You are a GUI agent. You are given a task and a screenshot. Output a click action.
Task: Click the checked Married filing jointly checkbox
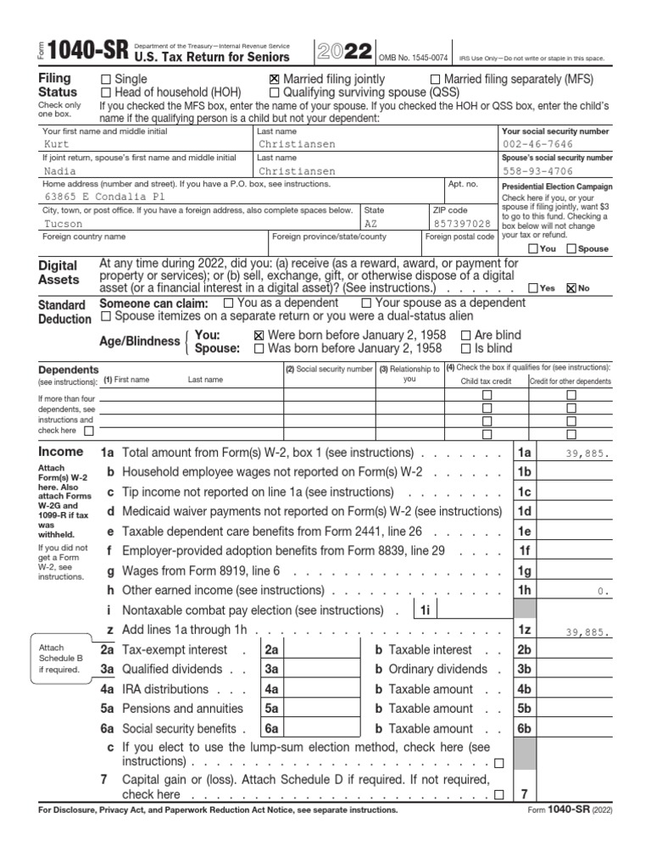click(275, 79)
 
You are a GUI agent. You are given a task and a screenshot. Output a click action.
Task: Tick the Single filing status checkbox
click(105, 79)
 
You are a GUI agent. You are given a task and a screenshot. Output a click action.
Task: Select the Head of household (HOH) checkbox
click(105, 92)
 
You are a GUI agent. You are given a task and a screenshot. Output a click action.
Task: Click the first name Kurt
click(56, 145)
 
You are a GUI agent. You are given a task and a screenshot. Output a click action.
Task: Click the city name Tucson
click(64, 224)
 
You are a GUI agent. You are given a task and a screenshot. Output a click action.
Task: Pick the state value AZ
click(370, 224)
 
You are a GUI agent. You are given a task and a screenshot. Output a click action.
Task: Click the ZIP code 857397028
click(461, 224)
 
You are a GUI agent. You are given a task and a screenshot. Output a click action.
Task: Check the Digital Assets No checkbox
click(571, 288)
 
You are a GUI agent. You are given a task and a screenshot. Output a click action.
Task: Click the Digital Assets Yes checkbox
click(532, 288)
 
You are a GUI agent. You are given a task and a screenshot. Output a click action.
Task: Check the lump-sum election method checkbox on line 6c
click(498, 763)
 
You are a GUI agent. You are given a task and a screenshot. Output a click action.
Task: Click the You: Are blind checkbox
click(466, 335)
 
